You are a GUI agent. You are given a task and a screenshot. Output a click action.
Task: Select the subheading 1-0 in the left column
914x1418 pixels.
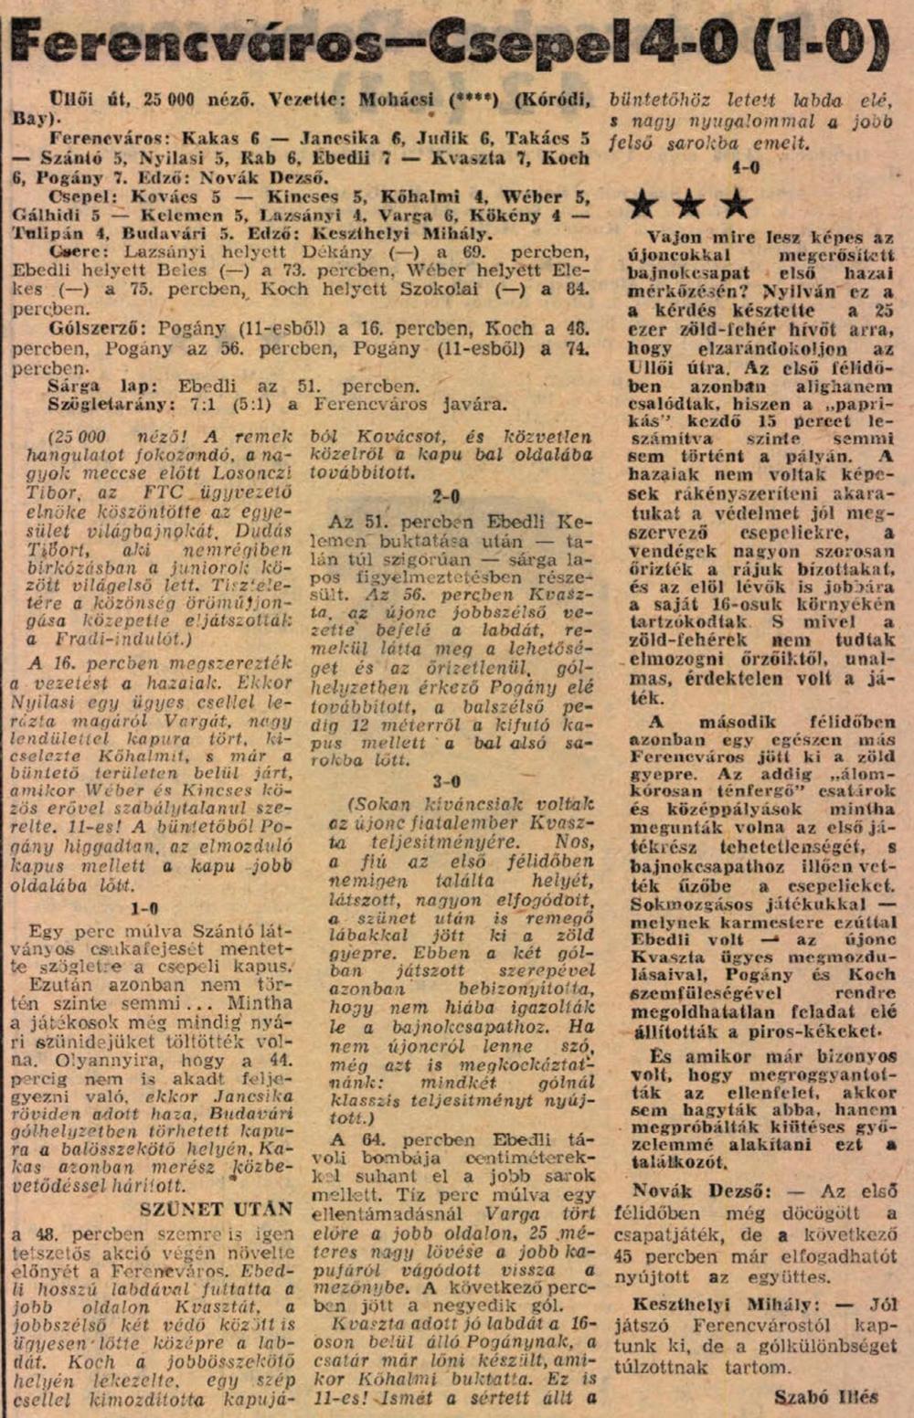pyautogui.click(x=144, y=908)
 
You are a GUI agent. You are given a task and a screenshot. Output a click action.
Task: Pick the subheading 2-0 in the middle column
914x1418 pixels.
pyautogui.click(x=446, y=496)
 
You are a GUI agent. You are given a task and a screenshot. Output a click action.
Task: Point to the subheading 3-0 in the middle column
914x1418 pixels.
pyautogui.click(x=446, y=781)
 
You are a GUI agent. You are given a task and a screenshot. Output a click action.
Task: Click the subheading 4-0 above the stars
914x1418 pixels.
pyautogui.click(x=746, y=168)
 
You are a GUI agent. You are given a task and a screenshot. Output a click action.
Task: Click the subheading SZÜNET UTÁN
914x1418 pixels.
pyautogui.click(x=217, y=1209)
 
